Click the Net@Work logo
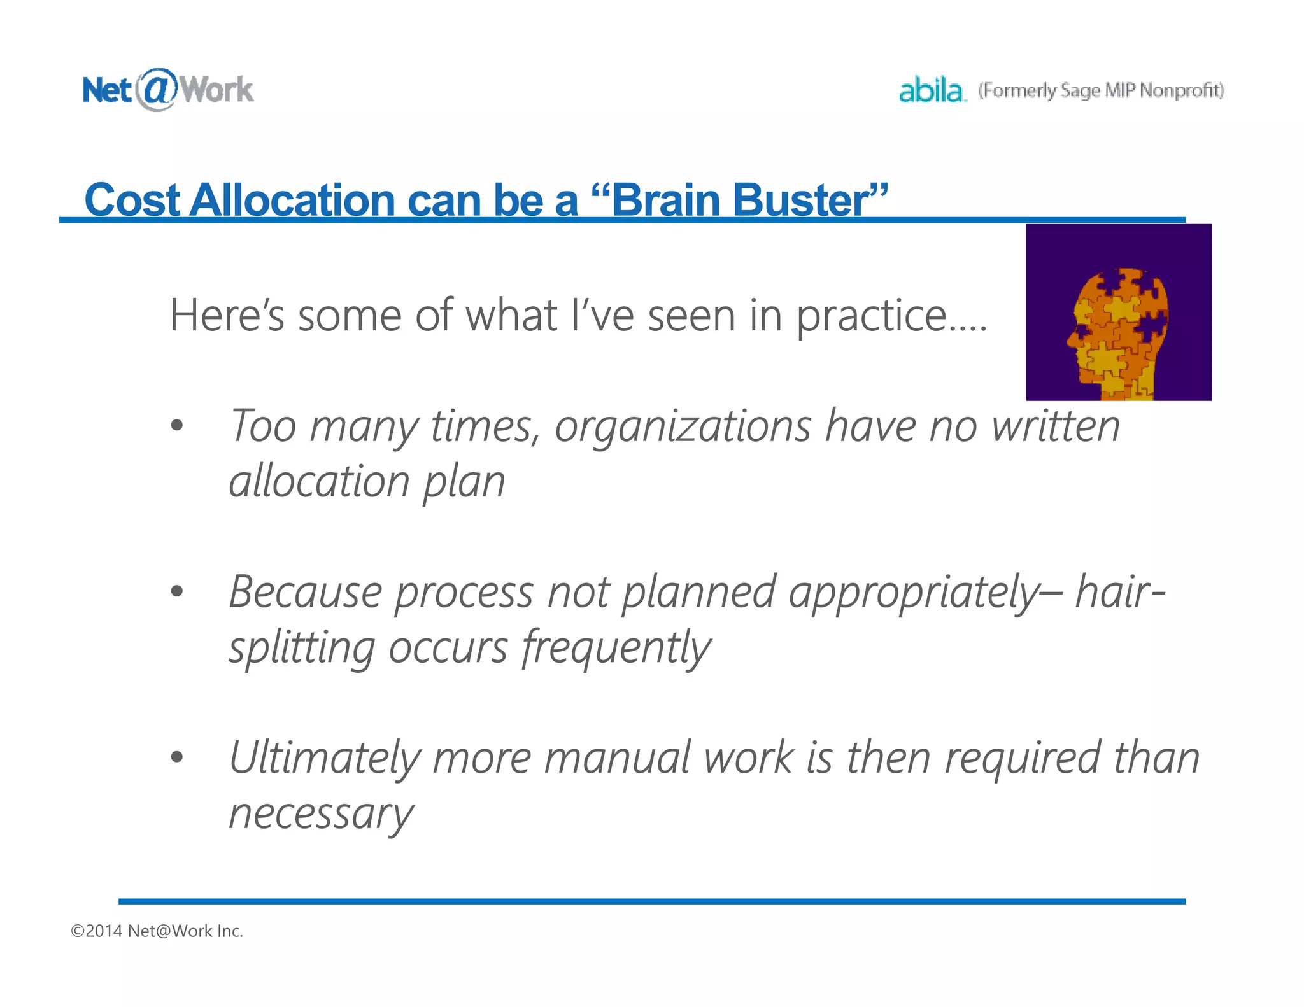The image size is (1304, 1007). (167, 90)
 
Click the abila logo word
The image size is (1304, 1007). (932, 90)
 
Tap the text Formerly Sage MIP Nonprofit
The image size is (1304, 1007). (1101, 90)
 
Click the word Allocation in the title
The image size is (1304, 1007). (292, 201)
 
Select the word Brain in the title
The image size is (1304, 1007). (665, 201)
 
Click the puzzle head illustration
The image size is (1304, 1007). (1118, 312)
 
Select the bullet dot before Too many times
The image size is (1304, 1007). (177, 425)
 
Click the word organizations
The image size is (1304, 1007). (683, 427)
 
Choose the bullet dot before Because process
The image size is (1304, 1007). (177, 591)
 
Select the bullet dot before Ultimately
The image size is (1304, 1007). (177, 757)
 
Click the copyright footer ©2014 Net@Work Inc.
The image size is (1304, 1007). (157, 931)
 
